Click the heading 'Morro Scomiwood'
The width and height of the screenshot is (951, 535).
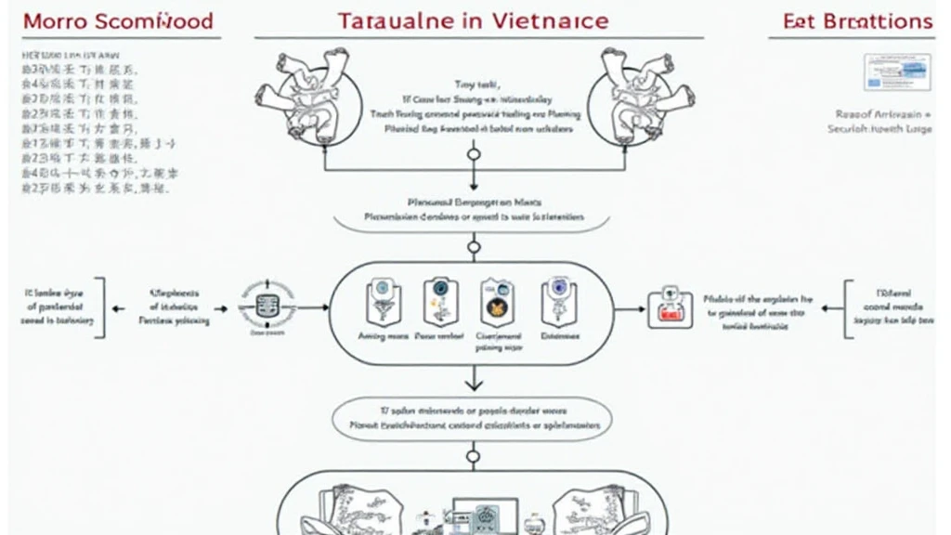117,20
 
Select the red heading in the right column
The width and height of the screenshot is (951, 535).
857,20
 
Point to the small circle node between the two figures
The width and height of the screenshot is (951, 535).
474,154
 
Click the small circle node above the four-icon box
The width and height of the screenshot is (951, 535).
474,248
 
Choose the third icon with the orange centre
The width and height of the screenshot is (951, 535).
493,302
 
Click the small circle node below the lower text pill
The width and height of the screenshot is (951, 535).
474,456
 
